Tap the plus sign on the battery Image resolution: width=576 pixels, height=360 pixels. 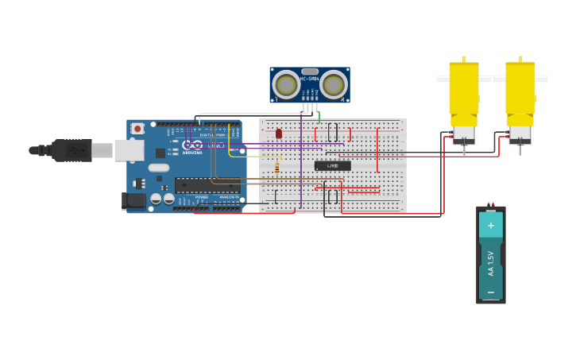click(490, 226)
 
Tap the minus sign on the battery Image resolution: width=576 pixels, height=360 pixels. click(490, 292)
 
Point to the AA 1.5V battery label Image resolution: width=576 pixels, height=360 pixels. click(491, 263)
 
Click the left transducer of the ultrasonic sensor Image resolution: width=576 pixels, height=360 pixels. click(286, 84)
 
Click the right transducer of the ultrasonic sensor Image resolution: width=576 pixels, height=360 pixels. click(334, 84)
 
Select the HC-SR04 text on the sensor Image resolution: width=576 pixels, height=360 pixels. click(310, 79)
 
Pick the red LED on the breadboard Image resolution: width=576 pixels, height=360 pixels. click(279, 134)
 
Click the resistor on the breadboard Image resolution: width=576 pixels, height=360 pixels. click(276, 168)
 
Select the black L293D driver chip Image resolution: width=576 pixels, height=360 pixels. click(332, 165)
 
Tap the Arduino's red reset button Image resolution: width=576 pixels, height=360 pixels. click(137, 128)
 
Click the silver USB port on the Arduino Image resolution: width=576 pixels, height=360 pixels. click(129, 150)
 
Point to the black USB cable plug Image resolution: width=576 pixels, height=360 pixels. click(72, 150)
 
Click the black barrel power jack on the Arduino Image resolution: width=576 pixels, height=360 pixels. click(134, 201)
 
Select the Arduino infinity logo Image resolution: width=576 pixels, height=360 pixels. click(193, 145)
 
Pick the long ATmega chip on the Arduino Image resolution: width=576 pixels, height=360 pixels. click(207, 185)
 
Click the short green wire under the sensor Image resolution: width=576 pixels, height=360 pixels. click(319, 117)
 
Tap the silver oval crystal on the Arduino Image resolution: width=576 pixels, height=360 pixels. click(159, 168)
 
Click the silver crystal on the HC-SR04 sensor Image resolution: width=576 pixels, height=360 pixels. click(310, 72)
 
